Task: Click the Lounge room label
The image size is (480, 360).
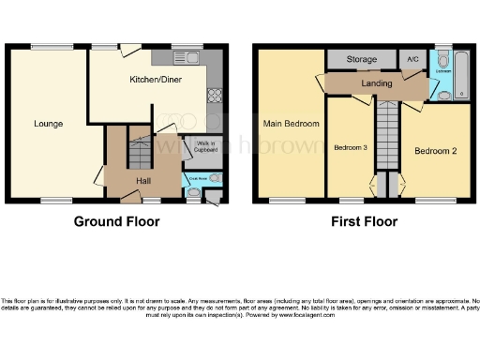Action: [x=48, y=123]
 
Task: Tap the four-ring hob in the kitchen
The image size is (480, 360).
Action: [x=214, y=94]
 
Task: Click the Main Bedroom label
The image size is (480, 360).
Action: [x=291, y=124]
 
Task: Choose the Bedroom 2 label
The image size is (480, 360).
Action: [x=435, y=151]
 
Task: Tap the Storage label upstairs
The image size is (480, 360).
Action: [x=361, y=59]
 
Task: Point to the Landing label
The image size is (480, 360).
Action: [x=376, y=83]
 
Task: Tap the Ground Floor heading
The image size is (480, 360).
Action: [x=117, y=222]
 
